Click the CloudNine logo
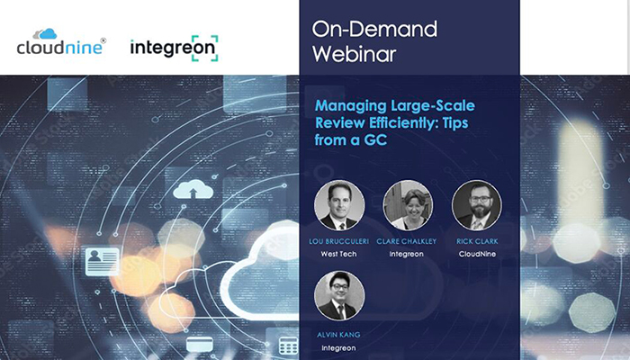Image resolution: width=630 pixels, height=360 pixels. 61,41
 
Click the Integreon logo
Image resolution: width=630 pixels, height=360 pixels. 175,49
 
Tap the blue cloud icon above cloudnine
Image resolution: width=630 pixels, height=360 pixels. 47,34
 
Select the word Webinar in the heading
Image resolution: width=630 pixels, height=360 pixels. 355,54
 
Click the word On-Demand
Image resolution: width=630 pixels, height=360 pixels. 374,30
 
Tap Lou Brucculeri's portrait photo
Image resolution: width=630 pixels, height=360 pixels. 339,205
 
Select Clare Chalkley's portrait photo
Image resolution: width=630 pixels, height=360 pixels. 408,205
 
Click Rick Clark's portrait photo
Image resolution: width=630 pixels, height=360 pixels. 477,205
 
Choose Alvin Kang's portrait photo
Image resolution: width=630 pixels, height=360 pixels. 339,296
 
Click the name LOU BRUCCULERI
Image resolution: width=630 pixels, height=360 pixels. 338,241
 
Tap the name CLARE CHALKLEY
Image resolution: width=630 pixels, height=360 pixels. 406,241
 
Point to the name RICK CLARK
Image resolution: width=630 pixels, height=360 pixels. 477,241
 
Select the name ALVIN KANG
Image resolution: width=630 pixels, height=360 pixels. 338,335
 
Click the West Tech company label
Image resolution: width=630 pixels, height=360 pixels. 338,254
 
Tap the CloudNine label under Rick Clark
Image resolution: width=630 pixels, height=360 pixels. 477,254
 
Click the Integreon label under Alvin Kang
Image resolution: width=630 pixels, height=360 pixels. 338,348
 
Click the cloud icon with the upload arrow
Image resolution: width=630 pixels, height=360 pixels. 193,190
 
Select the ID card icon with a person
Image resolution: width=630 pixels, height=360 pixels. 103,262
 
